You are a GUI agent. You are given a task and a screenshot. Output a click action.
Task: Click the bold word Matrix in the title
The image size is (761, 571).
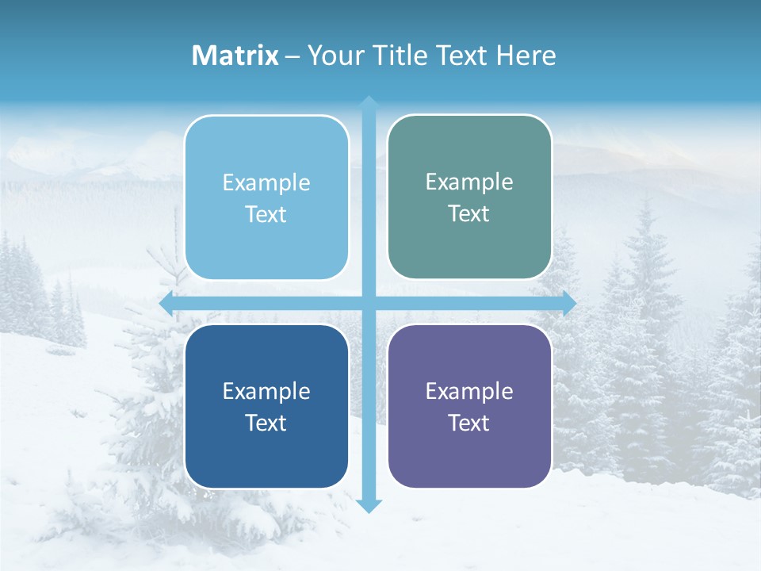point(235,56)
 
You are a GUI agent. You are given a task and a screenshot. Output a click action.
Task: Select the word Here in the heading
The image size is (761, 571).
point(526,56)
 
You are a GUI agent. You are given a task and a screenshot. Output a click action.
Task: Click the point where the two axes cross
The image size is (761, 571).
point(369,303)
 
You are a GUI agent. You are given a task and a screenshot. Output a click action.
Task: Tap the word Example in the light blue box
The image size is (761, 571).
point(266,182)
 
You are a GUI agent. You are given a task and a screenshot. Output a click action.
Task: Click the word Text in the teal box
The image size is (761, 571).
point(469,214)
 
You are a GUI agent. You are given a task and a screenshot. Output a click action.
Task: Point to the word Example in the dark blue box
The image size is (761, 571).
point(266,391)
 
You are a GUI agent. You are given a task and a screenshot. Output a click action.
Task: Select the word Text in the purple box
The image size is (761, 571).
point(469,423)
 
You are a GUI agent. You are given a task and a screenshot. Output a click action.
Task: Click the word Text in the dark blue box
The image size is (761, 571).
point(266,423)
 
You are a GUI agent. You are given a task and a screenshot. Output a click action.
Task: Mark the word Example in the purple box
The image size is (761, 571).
point(469,391)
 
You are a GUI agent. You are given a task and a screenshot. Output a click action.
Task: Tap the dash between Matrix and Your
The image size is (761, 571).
point(293,56)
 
